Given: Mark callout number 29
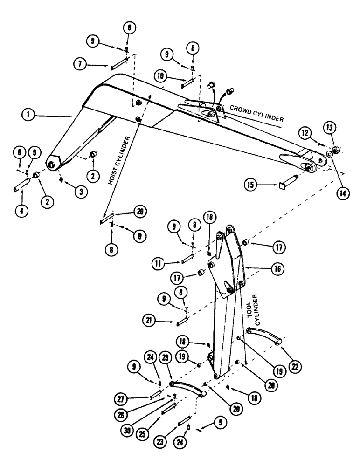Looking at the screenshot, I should coord(138,212).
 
